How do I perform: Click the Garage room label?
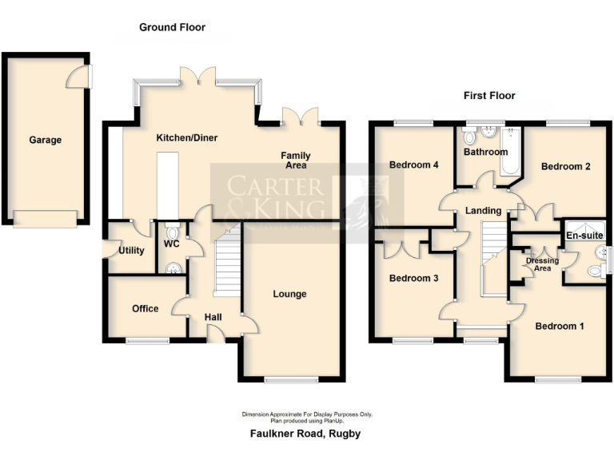[46, 140]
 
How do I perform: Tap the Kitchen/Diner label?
[187, 138]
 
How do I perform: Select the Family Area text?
[296, 161]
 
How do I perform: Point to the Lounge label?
[289, 294]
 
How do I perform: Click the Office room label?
[146, 308]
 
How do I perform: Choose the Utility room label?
[131, 251]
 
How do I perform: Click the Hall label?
[213, 318]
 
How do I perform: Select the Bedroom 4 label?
[414, 165]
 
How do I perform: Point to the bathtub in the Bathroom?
[510, 152]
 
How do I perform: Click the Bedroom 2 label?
[566, 167]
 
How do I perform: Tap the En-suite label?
[585, 236]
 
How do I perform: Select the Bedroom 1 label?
[560, 326]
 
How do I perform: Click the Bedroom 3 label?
[414, 279]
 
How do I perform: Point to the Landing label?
[484, 211]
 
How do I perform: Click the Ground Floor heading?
[172, 27]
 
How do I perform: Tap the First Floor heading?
[489, 96]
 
